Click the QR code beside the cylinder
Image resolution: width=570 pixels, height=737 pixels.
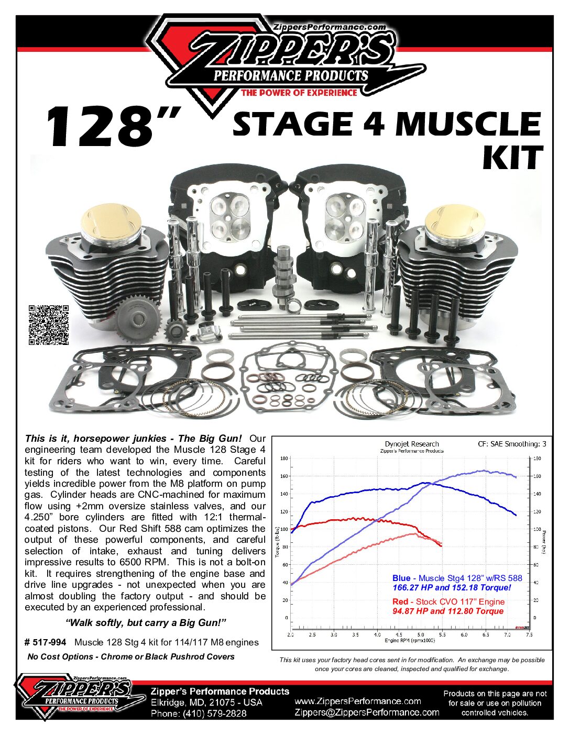(48, 325)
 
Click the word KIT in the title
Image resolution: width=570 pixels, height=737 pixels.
(512, 158)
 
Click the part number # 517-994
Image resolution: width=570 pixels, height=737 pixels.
(46, 642)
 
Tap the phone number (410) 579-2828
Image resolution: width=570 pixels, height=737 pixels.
(214, 713)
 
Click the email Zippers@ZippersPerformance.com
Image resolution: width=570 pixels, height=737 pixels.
(367, 712)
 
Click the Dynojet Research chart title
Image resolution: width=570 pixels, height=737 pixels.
(412, 444)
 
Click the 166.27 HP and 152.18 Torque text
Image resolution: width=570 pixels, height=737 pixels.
(452, 587)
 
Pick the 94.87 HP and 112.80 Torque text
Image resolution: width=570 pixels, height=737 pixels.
(448, 611)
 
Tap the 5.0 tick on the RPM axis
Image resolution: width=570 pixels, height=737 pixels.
(421, 634)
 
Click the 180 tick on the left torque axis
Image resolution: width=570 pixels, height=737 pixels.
(284, 459)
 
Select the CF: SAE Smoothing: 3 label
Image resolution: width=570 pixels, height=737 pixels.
(512, 444)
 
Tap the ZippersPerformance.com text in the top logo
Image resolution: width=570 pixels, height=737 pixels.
(330, 27)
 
